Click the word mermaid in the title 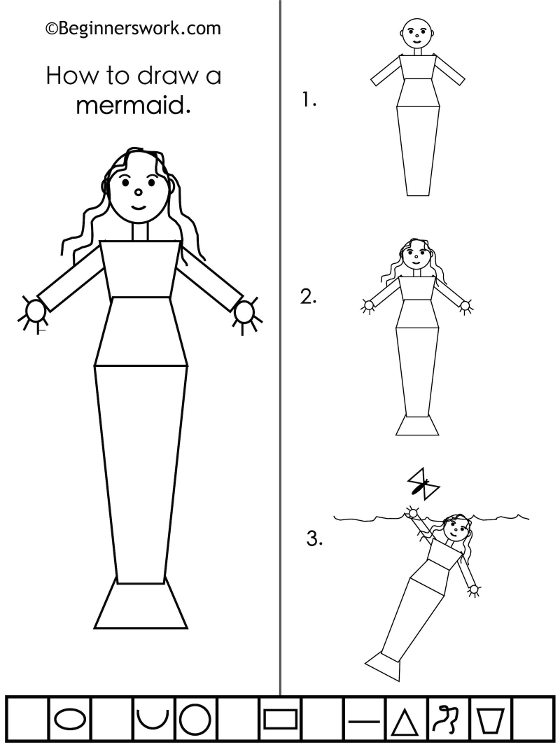pyautogui.click(x=133, y=105)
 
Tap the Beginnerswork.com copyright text pyautogui.click(x=133, y=29)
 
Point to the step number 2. pyautogui.click(x=309, y=298)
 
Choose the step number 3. pyautogui.click(x=314, y=539)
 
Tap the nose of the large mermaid pyautogui.click(x=138, y=193)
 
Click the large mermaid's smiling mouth pyautogui.click(x=139, y=208)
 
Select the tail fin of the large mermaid pyautogui.click(x=141, y=603)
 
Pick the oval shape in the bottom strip pyautogui.click(x=71, y=718)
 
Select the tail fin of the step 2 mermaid pyautogui.click(x=417, y=425)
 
